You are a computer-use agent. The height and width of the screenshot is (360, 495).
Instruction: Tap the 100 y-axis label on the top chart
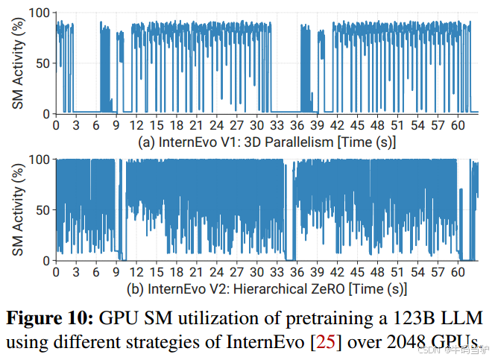click(x=37, y=13)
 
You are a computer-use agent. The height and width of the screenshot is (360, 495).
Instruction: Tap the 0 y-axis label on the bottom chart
click(x=45, y=259)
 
